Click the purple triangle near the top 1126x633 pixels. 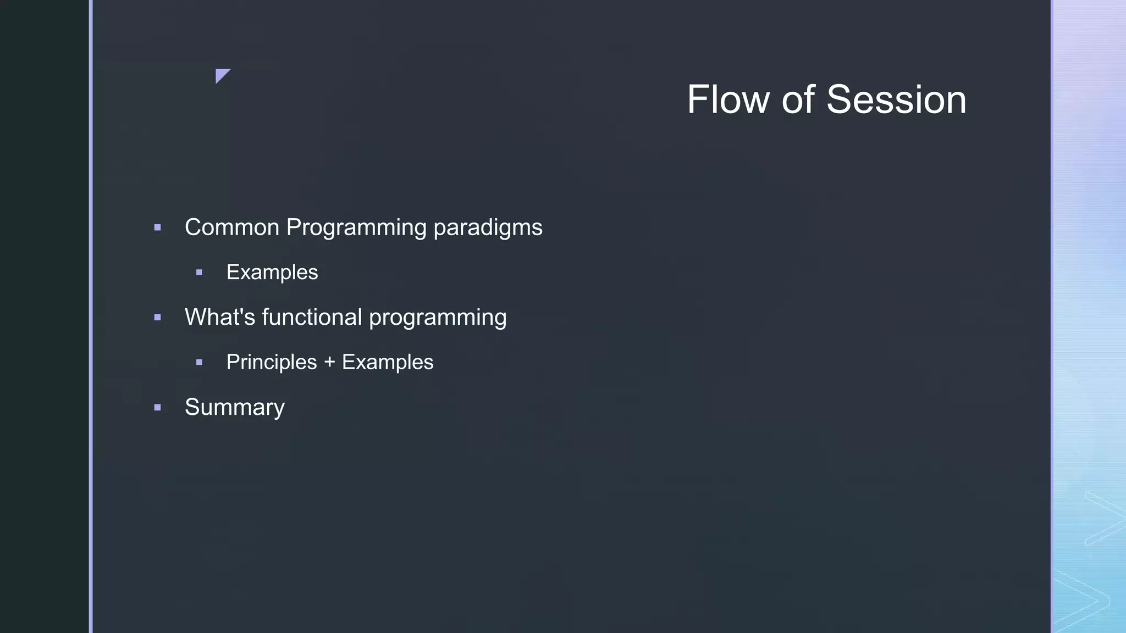tap(221, 74)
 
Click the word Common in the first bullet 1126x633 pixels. tap(231, 227)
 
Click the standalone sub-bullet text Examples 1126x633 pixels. tap(272, 273)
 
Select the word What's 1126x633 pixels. tap(219, 318)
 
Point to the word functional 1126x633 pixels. tap(311, 318)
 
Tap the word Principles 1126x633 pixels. tap(271, 363)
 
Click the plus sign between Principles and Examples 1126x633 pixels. tap(329, 363)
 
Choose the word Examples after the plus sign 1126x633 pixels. tap(387, 363)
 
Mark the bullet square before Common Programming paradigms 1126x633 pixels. tap(158, 227)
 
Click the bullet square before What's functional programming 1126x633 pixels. tap(158, 318)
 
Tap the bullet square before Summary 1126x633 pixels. tap(158, 408)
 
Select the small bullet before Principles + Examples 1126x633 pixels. tap(199, 363)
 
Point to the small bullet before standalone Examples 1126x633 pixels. tap(199, 273)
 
